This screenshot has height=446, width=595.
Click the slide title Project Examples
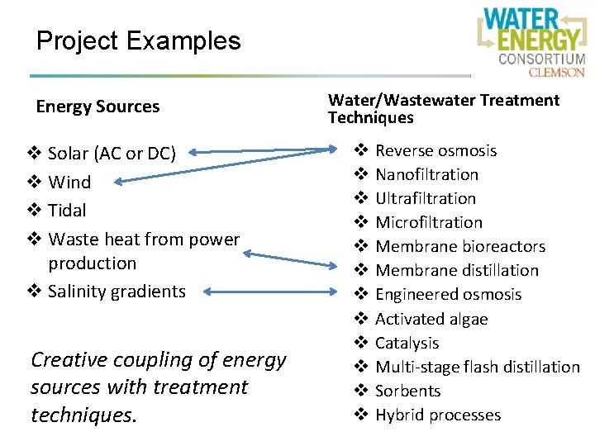(x=138, y=40)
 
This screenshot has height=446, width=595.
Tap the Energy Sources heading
(x=98, y=107)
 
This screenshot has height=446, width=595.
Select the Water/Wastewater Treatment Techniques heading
(x=443, y=108)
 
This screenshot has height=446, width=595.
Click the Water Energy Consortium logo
(x=531, y=40)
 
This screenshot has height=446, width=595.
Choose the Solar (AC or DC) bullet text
(x=112, y=154)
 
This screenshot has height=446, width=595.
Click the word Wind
(x=69, y=182)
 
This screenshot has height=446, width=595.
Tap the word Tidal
(x=67, y=210)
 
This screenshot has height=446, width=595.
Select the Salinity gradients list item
(x=117, y=291)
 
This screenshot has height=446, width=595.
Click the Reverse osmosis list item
(x=436, y=150)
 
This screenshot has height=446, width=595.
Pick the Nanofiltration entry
(x=426, y=174)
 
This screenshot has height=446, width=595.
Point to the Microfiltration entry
(x=428, y=222)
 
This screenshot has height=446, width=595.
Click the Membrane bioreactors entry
(x=460, y=246)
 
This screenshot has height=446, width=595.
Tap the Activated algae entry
(x=431, y=319)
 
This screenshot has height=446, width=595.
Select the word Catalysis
(x=407, y=343)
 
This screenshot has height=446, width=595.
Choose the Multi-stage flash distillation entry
(x=477, y=367)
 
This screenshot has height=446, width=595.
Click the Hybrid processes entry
(x=438, y=415)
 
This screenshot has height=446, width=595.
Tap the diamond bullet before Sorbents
(x=360, y=391)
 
